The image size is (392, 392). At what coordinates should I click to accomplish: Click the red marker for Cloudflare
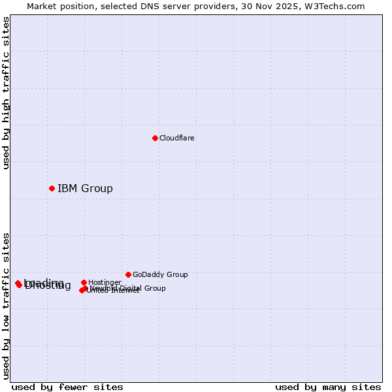(155, 138)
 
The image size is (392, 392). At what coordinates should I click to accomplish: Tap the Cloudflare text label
(177, 139)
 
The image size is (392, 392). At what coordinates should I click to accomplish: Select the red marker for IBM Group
(52, 188)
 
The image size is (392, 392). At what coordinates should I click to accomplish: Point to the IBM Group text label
(85, 189)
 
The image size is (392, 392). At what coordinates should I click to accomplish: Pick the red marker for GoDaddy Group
(128, 274)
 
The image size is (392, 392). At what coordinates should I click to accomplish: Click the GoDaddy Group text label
(160, 275)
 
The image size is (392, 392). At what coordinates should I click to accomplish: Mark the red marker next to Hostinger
(84, 282)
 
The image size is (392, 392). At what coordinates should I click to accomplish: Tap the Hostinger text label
(105, 283)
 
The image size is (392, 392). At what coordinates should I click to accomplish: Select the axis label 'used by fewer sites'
(67, 387)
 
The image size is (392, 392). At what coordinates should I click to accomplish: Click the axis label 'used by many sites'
(328, 387)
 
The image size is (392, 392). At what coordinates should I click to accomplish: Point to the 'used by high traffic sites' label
(7, 93)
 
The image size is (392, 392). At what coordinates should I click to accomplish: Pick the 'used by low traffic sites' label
(7, 306)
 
